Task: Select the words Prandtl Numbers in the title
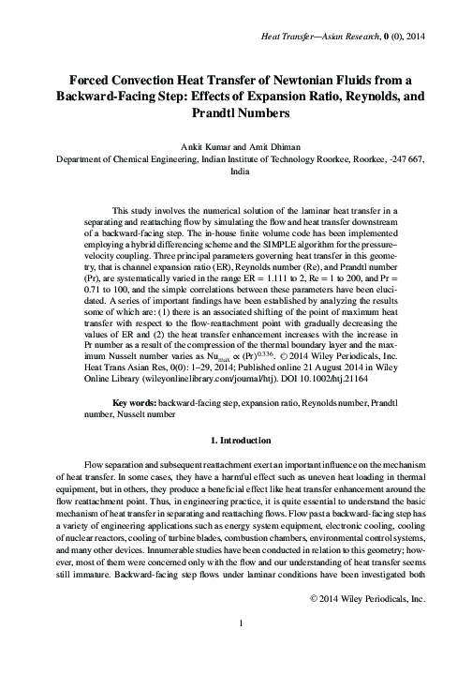coord(236,112)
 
